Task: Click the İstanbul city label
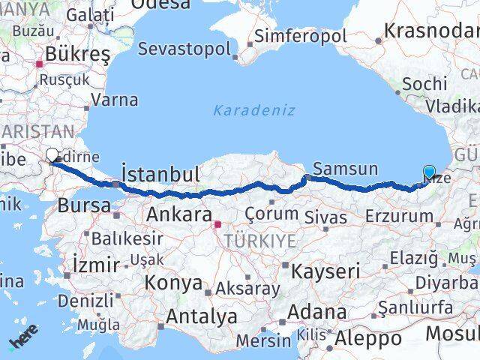160,175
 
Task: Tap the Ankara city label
178,214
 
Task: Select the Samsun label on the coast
345,169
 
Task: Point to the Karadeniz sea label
254,110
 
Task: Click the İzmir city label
96,264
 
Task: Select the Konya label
173,283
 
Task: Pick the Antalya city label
201,316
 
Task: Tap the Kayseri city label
326,270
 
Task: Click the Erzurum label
399,216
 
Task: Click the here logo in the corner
22,342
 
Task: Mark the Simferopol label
300,36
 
